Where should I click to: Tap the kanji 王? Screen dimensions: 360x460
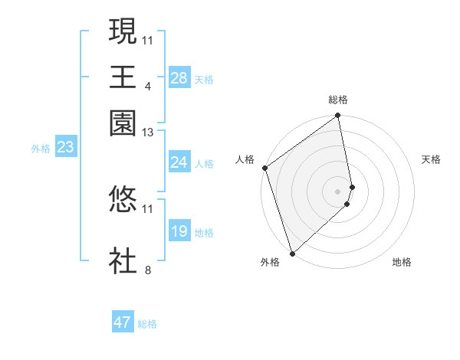(x=123, y=77)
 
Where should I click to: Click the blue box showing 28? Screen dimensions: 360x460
(x=179, y=78)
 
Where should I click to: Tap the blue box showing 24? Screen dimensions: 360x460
(x=179, y=162)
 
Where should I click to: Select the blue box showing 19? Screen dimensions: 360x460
(x=179, y=231)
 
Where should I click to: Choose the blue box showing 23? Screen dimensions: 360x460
(x=65, y=147)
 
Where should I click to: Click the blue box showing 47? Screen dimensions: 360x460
(x=123, y=322)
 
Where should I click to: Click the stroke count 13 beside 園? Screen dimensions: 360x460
(x=148, y=133)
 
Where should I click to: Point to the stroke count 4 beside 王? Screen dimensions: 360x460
(x=148, y=86)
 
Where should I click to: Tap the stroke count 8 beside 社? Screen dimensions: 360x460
(x=148, y=270)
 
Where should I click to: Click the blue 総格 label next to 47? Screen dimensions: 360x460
(x=147, y=324)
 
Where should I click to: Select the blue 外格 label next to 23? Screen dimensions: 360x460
(x=41, y=149)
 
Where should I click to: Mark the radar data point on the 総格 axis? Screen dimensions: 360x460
(x=338, y=116)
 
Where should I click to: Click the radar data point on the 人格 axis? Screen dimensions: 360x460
(x=264, y=169)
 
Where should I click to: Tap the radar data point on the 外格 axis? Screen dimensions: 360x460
(x=292, y=253)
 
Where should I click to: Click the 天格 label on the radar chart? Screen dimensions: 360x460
(x=431, y=159)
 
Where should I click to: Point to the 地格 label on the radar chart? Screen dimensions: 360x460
(x=402, y=262)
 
